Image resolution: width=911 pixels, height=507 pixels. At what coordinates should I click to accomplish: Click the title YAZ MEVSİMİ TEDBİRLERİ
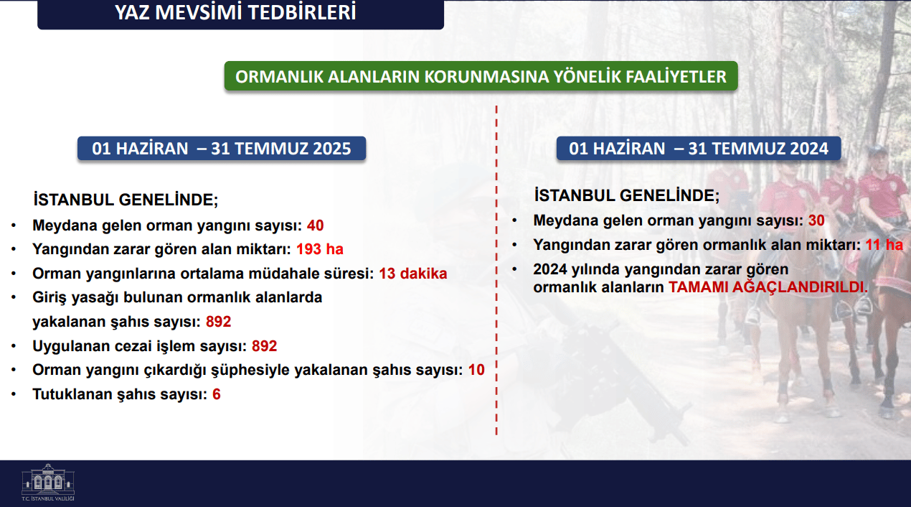pyautogui.click(x=235, y=12)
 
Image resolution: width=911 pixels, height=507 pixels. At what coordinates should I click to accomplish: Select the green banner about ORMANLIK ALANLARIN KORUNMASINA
pyautogui.click(x=481, y=76)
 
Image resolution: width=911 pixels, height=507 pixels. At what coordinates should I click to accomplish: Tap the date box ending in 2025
pyautogui.click(x=222, y=148)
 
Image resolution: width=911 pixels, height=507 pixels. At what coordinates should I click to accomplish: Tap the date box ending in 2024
pyautogui.click(x=699, y=148)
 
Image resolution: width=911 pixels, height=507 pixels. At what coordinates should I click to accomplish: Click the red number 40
pyautogui.click(x=315, y=225)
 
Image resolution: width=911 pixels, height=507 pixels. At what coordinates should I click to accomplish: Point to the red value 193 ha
pyautogui.click(x=320, y=248)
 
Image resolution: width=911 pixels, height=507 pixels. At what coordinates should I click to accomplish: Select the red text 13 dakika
pyautogui.click(x=412, y=274)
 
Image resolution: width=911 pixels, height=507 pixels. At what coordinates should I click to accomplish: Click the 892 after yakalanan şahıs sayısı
pyautogui.click(x=218, y=322)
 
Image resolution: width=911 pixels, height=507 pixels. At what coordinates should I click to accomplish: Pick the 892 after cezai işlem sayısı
pyautogui.click(x=265, y=345)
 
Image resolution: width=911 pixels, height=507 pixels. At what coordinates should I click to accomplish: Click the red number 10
pyautogui.click(x=476, y=370)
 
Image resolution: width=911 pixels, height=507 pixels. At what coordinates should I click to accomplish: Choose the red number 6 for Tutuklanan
pyautogui.click(x=217, y=394)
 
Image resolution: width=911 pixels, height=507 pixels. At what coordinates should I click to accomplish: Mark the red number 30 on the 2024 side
pyautogui.click(x=816, y=220)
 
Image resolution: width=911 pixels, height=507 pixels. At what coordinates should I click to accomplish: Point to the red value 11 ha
pyautogui.click(x=884, y=245)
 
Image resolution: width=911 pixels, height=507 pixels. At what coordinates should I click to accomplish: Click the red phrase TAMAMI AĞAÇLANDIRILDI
pyautogui.click(x=768, y=287)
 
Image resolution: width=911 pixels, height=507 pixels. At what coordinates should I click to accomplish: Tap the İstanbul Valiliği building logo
pyautogui.click(x=48, y=482)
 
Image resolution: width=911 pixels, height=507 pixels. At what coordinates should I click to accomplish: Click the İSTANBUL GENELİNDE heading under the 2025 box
pyautogui.click(x=126, y=200)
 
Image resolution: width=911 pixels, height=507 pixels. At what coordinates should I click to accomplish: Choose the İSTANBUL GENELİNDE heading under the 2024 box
pyautogui.click(x=627, y=195)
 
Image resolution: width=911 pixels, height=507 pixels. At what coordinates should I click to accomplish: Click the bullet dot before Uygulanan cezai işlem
pyautogui.click(x=14, y=346)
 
